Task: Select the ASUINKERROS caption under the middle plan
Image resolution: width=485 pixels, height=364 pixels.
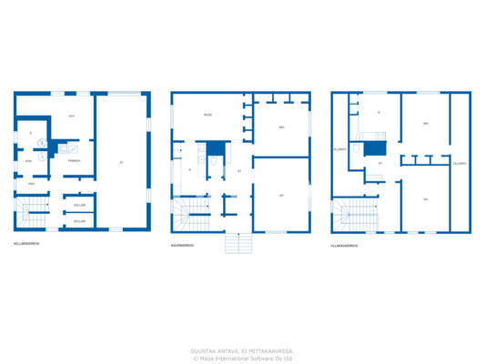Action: click(182, 245)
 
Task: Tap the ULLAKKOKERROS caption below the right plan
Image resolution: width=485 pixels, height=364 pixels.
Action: click(344, 245)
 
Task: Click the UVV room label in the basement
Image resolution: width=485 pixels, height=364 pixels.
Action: click(70, 116)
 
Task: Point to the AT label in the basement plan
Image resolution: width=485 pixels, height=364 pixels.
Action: click(121, 162)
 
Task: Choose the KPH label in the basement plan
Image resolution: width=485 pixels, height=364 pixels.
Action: click(28, 160)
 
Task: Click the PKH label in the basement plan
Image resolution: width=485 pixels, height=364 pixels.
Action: click(31, 184)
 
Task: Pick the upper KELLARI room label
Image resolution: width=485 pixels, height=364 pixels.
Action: click(79, 205)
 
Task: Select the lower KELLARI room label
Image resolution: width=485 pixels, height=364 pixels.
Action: click(79, 220)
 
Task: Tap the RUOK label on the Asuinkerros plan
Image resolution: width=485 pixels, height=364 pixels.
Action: click(207, 115)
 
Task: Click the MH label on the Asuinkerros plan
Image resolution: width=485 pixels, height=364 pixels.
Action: click(281, 126)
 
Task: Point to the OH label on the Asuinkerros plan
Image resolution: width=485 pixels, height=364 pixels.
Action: click(281, 195)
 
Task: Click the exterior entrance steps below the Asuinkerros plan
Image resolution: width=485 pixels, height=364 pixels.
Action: click(238, 243)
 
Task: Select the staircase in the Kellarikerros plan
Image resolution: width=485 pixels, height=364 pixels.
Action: click(34, 216)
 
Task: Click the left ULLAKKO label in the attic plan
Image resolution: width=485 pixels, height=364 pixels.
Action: click(339, 149)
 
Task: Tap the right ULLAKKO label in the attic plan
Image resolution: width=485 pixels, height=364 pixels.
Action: click(460, 164)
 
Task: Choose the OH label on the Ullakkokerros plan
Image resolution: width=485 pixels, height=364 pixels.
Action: click(425, 198)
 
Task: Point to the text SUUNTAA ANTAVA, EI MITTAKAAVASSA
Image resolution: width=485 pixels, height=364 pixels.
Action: click(242, 350)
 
